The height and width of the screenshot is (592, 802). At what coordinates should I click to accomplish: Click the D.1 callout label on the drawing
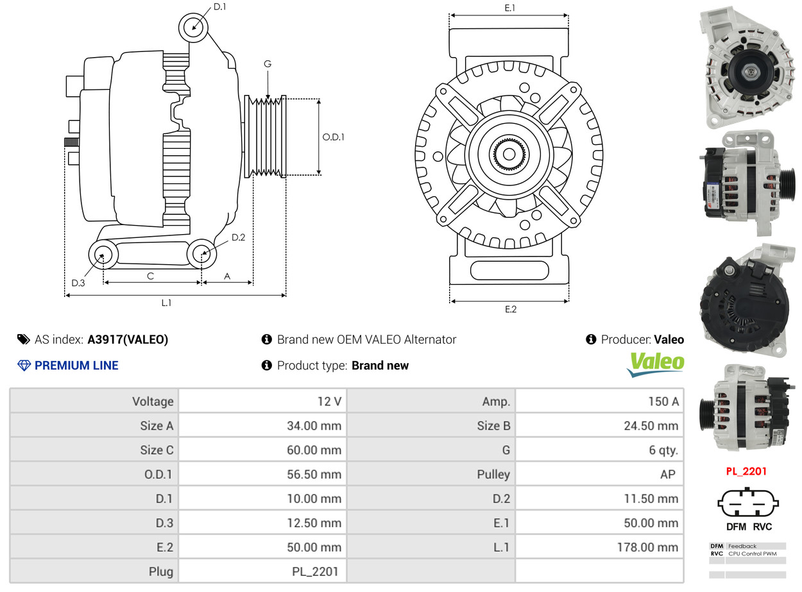coord(219,6)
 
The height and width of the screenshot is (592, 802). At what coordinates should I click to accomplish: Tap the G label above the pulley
coord(267,63)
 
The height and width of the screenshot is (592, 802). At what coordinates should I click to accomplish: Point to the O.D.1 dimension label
coord(333,137)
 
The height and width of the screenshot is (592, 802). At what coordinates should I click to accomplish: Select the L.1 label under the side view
coord(166,302)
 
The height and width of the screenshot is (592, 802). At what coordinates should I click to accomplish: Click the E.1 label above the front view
coord(509,8)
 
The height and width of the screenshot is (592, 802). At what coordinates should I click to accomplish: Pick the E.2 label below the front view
coord(510,309)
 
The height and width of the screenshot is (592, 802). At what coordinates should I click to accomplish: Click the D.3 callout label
coord(78,283)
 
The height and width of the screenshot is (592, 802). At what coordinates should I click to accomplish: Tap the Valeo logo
coord(655,364)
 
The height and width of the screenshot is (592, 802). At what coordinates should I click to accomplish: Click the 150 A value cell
coord(599,401)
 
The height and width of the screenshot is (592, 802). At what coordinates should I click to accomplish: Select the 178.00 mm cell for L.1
coord(599,546)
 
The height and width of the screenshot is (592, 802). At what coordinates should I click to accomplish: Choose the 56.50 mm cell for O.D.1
coord(262,474)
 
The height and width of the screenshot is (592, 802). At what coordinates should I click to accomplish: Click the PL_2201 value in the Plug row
coord(314,571)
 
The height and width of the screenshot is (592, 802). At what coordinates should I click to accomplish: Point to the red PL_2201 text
coord(746,471)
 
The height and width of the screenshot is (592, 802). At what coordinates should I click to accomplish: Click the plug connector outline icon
coord(747,502)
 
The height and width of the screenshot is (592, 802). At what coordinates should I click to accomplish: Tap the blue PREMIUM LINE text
coord(76,365)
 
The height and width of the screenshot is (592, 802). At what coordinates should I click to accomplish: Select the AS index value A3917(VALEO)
coord(128,339)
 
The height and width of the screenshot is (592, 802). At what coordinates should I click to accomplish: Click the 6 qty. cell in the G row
coord(599,450)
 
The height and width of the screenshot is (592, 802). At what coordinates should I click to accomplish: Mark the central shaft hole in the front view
coord(508,155)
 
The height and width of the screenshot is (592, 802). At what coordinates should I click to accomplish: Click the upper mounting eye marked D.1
coord(193,28)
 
